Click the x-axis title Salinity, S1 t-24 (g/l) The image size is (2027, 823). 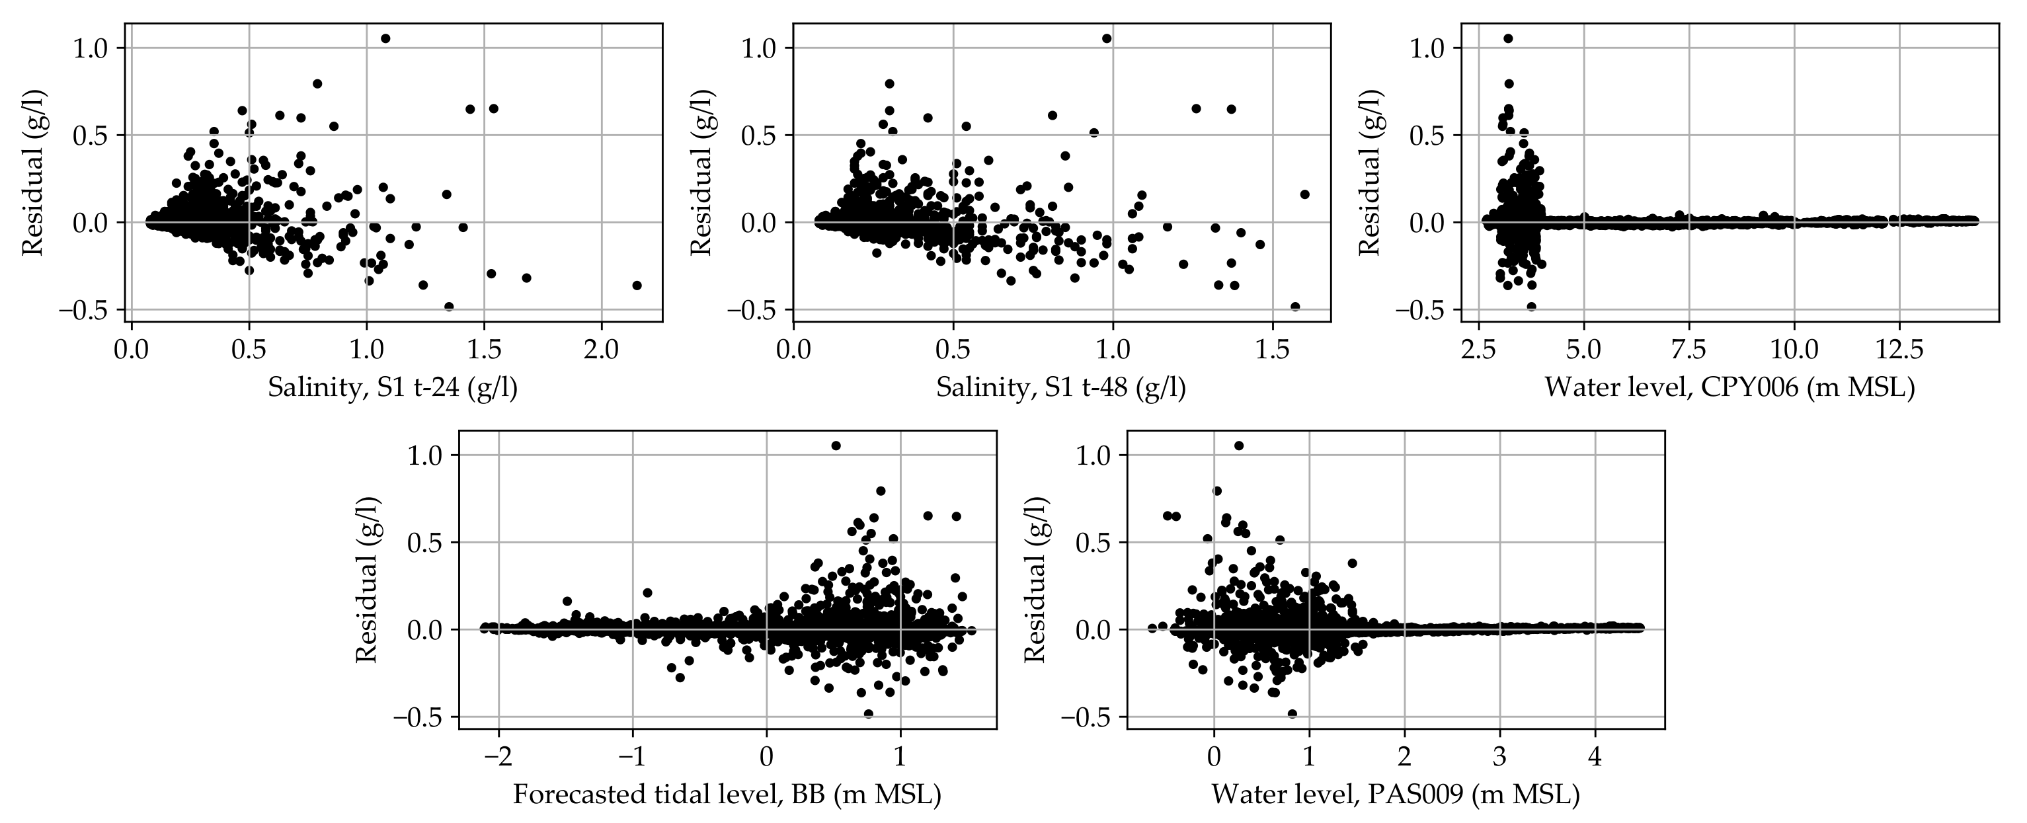[393, 388]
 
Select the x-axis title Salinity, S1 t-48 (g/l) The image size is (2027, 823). [1060, 388]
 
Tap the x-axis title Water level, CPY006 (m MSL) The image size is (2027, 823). [1729, 388]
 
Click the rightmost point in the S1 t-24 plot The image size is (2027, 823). [637, 286]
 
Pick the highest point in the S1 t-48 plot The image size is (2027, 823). [1106, 38]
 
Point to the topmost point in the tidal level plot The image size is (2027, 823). [836, 446]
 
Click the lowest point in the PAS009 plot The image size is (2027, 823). [1292, 714]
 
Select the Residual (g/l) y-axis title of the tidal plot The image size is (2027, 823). [367, 579]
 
